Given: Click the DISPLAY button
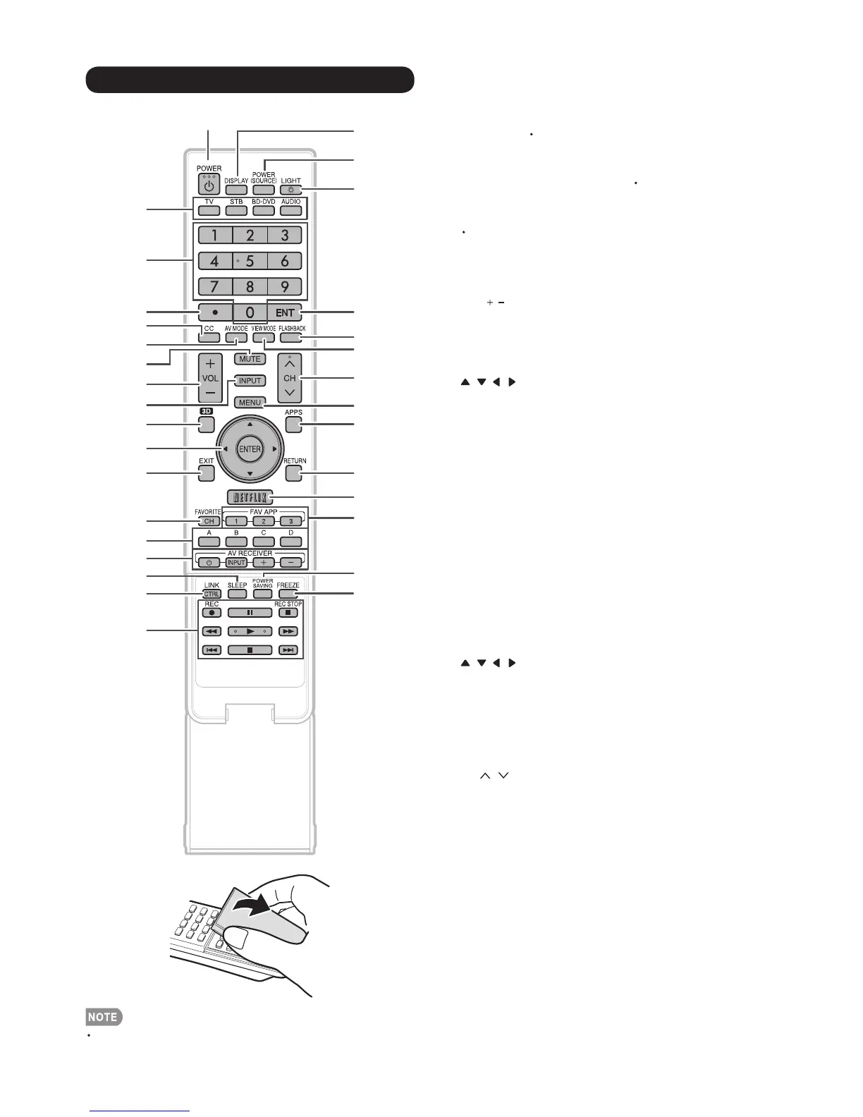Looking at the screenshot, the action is (x=236, y=190).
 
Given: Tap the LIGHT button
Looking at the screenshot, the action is (x=290, y=190).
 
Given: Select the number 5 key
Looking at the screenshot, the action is (x=250, y=261).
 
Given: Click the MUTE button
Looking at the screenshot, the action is (x=250, y=358).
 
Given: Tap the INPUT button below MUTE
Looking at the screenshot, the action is (x=250, y=381).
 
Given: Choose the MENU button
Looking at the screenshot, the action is (x=250, y=403).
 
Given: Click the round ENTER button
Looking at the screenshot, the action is (x=250, y=449).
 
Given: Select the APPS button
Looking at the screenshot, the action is (x=293, y=424).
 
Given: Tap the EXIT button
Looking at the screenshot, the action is (x=206, y=472).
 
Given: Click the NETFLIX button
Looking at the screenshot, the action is (x=250, y=496).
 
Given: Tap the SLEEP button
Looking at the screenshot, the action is (x=237, y=594).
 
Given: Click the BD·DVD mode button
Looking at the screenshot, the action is (x=263, y=210).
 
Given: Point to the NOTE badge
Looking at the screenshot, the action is (x=104, y=1017).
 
